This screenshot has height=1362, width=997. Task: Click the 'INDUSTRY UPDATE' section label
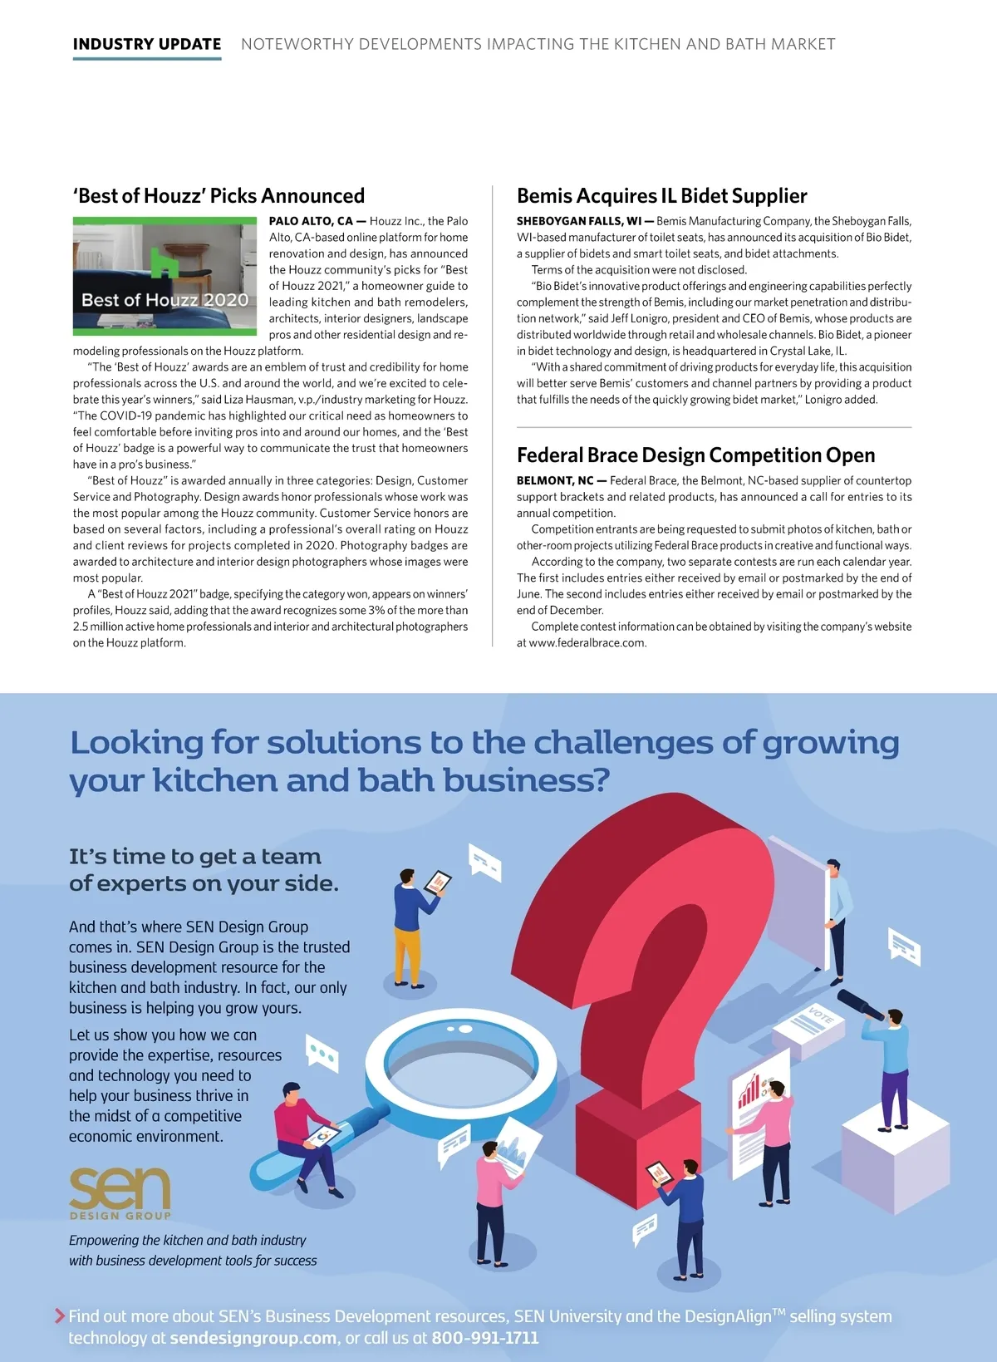point(147,44)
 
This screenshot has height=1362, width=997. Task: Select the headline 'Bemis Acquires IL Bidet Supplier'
point(661,196)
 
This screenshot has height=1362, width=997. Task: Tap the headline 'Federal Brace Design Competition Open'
point(695,455)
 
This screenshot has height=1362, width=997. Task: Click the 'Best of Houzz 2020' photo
point(165,276)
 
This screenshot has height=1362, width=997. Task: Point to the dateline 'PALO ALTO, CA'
point(311,221)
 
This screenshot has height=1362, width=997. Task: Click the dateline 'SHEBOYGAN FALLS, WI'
point(579,221)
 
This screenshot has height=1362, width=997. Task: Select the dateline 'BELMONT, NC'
point(555,480)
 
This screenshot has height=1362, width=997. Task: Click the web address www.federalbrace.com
point(587,642)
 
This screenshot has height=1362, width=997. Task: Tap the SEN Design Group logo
point(120,1192)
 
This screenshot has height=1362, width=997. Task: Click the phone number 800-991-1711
point(485,1338)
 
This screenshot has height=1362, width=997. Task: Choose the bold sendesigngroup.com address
point(253,1338)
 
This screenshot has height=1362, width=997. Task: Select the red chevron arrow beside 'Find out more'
point(59,1315)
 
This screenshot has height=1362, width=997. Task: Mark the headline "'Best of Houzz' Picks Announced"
point(219,196)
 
